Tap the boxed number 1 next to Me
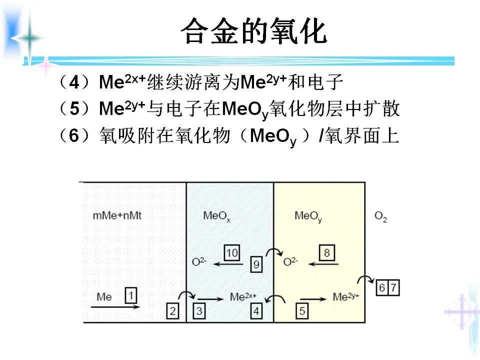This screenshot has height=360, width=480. pyautogui.click(x=130, y=295)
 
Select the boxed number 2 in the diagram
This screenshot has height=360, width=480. pyautogui.click(x=172, y=311)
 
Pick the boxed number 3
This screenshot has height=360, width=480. pyautogui.click(x=198, y=311)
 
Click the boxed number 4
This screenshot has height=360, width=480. pyautogui.click(x=256, y=311)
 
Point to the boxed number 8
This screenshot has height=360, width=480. pyautogui.click(x=326, y=253)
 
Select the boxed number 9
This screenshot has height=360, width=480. pyautogui.click(x=256, y=264)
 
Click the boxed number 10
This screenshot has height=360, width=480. pyautogui.click(x=231, y=253)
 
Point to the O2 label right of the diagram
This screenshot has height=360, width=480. pyautogui.click(x=380, y=217)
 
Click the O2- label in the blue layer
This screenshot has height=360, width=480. pyautogui.click(x=199, y=261)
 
